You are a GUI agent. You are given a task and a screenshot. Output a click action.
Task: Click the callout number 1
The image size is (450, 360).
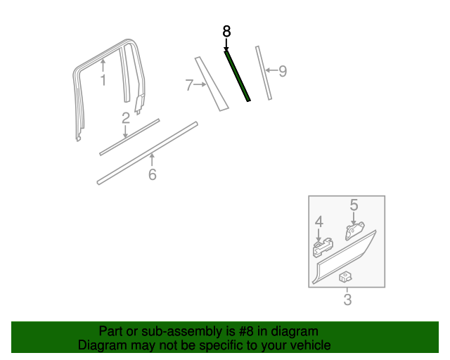click(x=103, y=80)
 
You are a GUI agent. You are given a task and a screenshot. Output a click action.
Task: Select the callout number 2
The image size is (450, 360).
click(x=125, y=118)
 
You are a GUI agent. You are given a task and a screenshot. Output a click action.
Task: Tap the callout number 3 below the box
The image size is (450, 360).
click(x=347, y=301)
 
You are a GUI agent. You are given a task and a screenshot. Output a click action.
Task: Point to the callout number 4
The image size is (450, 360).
click(x=319, y=222)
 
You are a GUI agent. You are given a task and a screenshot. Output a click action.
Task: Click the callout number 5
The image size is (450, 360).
click(x=354, y=205)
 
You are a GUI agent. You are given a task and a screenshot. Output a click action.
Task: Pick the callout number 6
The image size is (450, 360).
click(x=152, y=174)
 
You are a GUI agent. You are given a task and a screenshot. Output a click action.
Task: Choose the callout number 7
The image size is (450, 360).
click(x=189, y=86)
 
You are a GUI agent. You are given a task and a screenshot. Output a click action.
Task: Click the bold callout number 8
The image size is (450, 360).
click(x=226, y=32)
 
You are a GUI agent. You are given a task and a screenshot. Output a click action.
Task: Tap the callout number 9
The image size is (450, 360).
click(x=283, y=70)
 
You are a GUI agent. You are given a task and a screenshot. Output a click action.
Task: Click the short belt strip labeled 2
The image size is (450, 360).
click(x=130, y=136)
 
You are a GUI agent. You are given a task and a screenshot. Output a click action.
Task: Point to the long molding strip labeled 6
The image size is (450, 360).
click(x=148, y=153)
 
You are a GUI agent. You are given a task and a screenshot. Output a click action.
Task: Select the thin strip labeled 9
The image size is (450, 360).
click(x=263, y=73)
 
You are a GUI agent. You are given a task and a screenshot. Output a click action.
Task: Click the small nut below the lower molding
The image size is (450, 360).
click(x=345, y=277)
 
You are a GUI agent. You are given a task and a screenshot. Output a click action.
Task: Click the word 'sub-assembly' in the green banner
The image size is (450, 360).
click(x=179, y=331)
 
